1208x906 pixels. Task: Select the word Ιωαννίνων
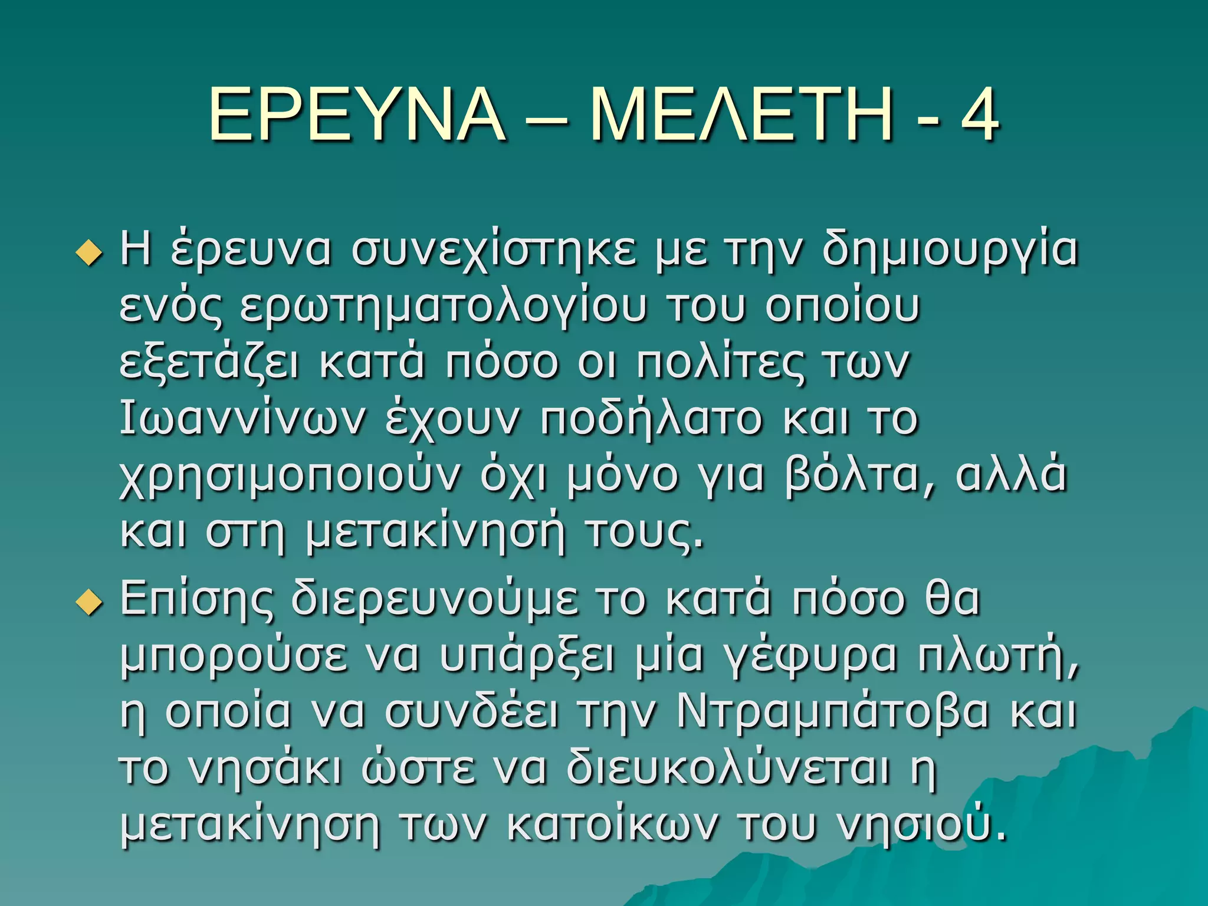242,419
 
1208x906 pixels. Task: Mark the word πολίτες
720,363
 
